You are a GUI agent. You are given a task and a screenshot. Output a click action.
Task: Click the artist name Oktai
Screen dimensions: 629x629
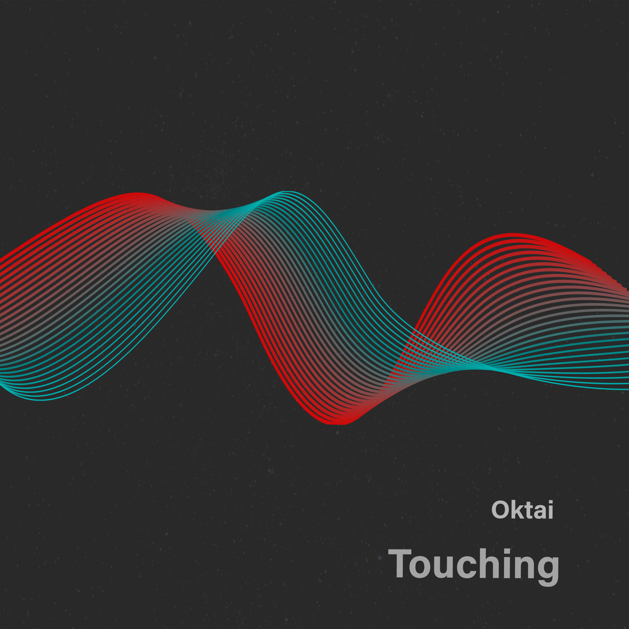tap(522, 510)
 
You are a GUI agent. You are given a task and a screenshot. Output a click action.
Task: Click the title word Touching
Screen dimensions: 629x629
tap(474, 564)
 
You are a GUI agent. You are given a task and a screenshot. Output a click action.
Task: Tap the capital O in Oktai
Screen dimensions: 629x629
tap(500, 510)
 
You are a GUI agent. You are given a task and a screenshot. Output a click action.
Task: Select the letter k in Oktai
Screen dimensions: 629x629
tap(516, 510)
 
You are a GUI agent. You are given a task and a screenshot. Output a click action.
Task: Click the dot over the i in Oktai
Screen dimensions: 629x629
tap(549, 502)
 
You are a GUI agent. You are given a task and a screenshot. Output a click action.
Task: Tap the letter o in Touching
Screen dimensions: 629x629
tap(425, 567)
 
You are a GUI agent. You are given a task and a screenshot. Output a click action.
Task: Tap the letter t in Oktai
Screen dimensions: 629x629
tap(527, 510)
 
